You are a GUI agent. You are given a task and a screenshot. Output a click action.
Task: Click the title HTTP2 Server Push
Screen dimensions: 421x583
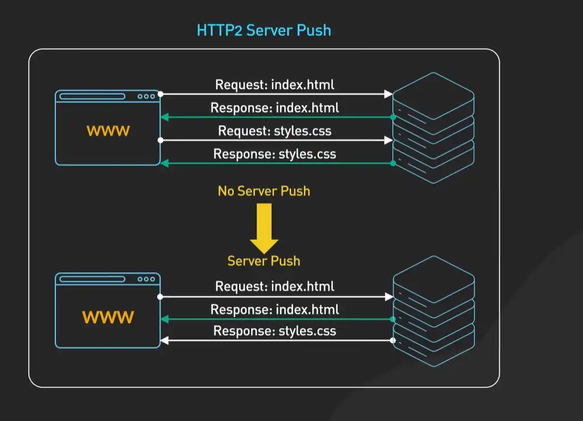[x=264, y=30]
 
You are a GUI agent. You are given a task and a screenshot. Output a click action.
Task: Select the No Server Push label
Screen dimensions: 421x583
[x=264, y=191]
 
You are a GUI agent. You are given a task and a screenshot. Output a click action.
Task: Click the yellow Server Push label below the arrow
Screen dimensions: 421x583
[x=264, y=261]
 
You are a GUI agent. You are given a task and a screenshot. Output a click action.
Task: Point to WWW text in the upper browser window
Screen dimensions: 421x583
[x=108, y=131]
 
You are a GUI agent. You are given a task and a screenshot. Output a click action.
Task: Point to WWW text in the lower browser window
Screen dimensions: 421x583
[x=108, y=317]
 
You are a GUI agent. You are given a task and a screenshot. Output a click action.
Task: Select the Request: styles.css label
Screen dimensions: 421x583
[x=274, y=131]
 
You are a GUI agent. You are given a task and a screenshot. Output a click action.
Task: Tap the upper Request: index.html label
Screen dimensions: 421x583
[x=274, y=85]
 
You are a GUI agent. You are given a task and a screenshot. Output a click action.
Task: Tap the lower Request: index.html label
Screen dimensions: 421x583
[x=274, y=286]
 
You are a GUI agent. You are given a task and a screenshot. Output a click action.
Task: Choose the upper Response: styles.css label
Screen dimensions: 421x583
[x=274, y=154]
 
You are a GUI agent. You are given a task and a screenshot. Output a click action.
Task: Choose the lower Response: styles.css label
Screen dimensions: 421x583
[x=274, y=331]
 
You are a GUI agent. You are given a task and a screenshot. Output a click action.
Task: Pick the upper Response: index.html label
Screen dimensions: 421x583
[x=274, y=108]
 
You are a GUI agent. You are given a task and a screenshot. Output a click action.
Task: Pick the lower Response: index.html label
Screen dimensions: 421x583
[x=274, y=310]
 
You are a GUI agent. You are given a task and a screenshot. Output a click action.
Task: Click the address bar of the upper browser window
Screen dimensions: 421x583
[x=92, y=96]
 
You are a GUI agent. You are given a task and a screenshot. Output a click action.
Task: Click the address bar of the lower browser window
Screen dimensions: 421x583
[x=92, y=279]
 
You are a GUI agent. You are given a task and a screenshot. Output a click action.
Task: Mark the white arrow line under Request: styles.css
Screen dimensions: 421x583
[x=276, y=140]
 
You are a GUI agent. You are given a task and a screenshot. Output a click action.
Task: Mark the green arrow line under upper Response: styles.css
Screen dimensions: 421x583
[x=276, y=163]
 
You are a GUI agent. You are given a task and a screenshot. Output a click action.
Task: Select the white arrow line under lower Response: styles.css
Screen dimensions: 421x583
[x=276, y=341]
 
